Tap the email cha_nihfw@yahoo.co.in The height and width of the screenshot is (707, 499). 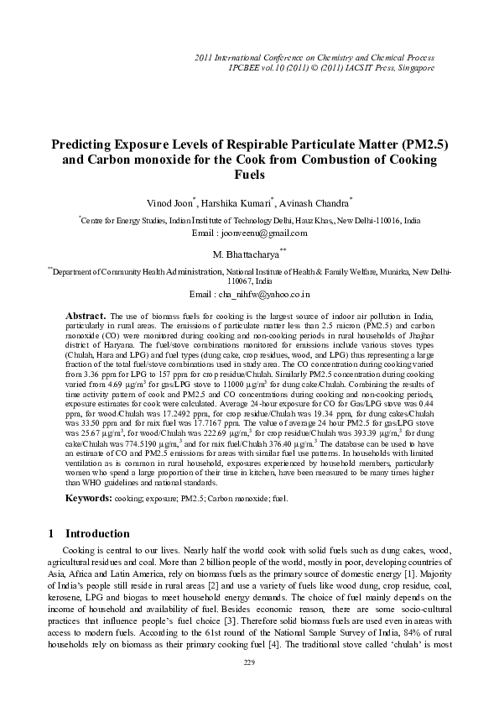[262, 296]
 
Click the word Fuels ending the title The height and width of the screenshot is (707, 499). [248, 175]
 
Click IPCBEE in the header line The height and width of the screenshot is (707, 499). [247, 66]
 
